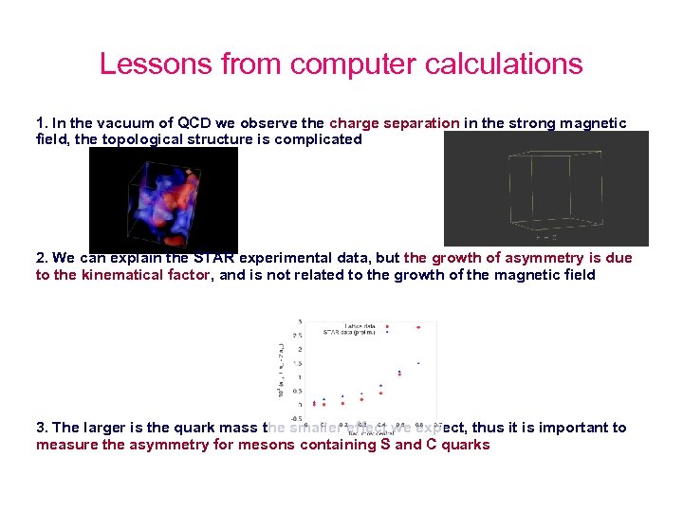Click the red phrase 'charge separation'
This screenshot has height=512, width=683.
[x=394, y=123]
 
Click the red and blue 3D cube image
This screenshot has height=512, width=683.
[x=163, y=200]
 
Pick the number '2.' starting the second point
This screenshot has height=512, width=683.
[x=42, y=258]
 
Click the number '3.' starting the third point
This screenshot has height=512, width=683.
[x=42, y=428]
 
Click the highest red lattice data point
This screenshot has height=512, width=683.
[x=418, y=327]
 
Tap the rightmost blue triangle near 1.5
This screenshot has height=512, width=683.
[x=418, y=363]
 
